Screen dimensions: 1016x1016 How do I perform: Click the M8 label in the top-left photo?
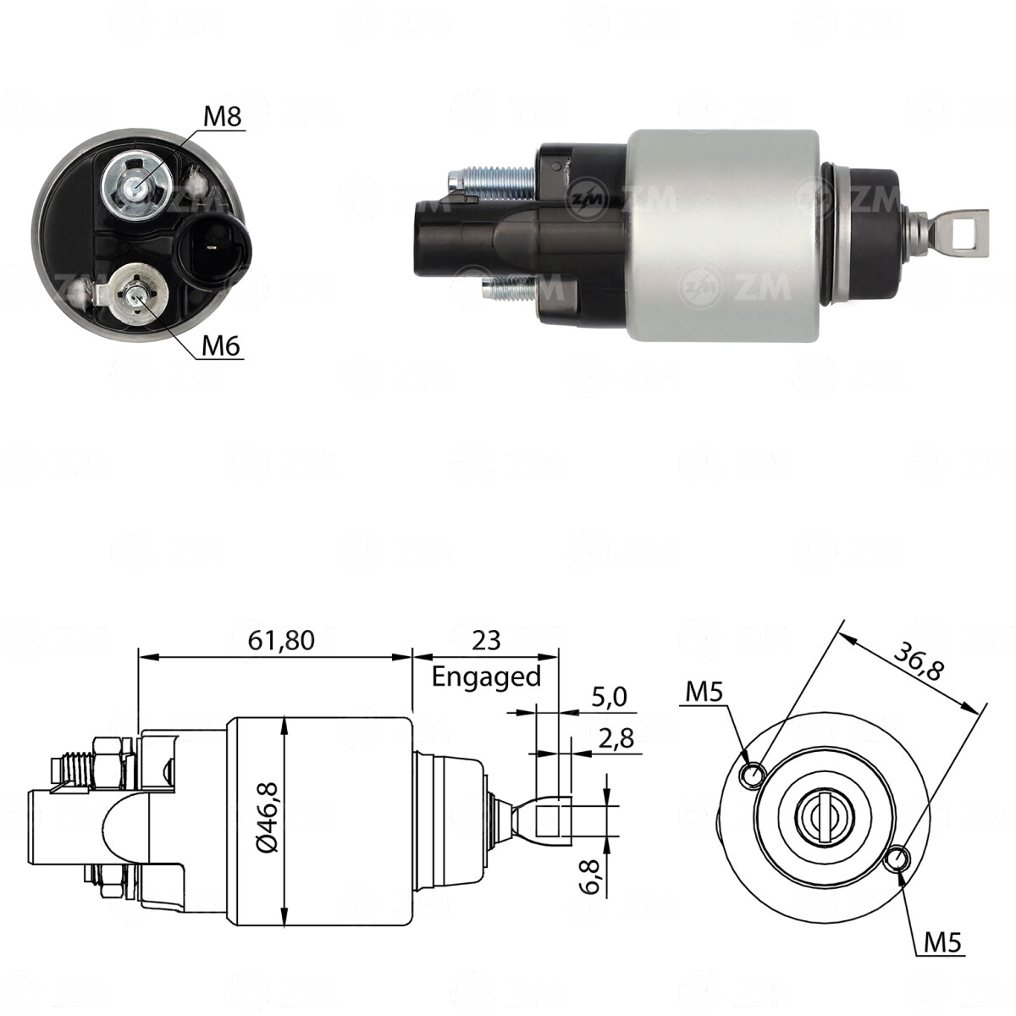(224, 117)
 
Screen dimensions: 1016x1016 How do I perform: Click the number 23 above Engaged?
(486, 640)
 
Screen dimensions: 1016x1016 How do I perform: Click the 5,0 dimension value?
(610, 698)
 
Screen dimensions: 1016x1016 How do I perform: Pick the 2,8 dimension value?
(615, 738)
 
